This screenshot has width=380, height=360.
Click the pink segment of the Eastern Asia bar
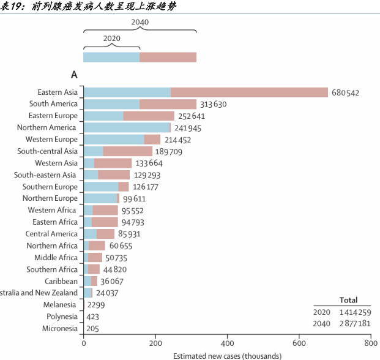point(249,92)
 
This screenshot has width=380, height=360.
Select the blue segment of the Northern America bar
point(126,128)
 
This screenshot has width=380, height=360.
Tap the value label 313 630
point(213,105)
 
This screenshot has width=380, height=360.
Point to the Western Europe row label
point(52,140)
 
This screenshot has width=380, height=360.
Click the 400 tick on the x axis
point(227,344)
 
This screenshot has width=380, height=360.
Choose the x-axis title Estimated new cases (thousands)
point(227,356)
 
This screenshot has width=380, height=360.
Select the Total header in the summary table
point(349,301)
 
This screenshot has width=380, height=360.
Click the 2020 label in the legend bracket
point(111,39)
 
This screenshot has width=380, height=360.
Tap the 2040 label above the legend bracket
point(140,22)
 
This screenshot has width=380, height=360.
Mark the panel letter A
point(75,75)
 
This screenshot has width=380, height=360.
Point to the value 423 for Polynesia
point(93,317)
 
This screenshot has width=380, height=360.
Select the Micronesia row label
point(60,329)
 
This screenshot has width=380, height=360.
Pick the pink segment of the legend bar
point(168,57)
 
